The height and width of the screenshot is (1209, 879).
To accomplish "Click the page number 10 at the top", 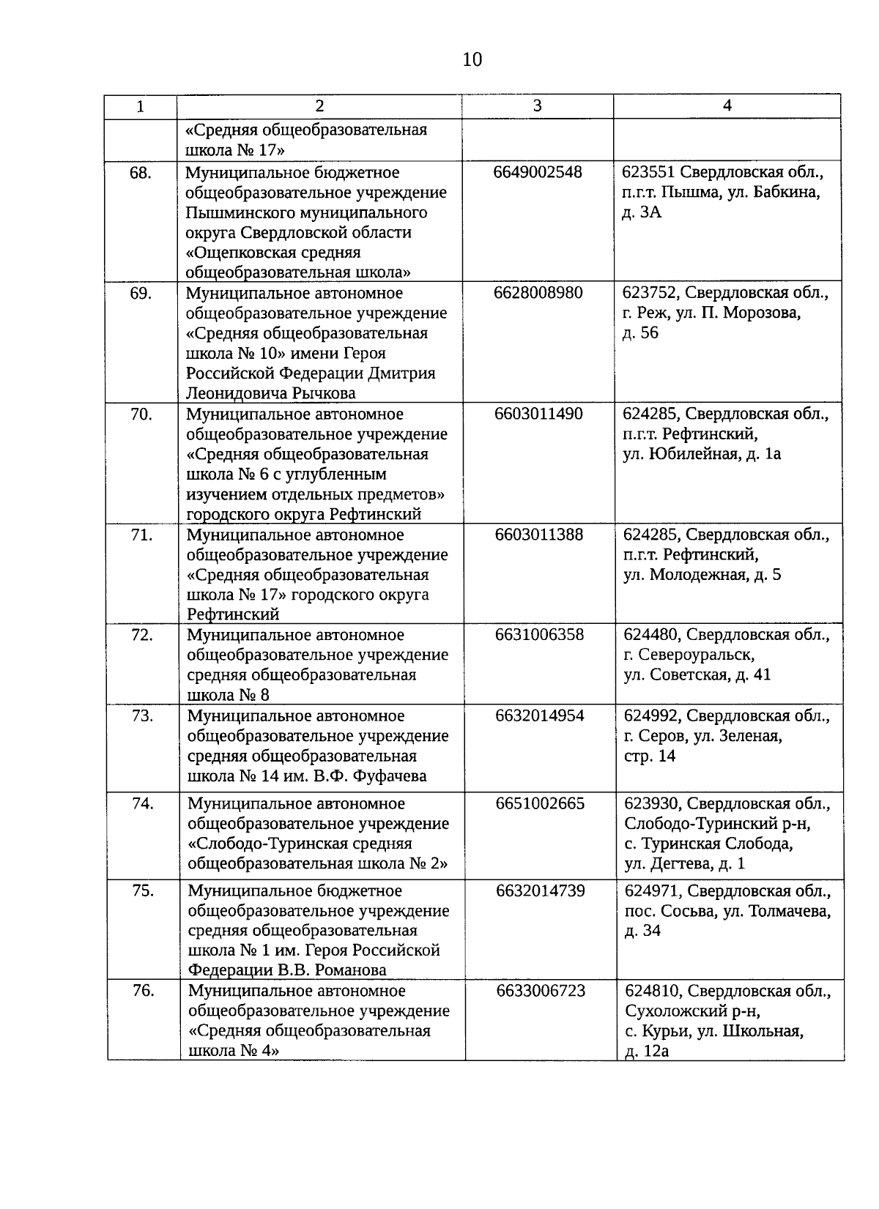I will (x=472, y=60).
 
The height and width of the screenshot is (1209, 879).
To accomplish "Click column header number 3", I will (x=537, y=105).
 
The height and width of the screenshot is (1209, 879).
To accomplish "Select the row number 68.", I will (x=141, y=173).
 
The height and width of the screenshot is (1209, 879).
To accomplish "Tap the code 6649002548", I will (x=538, y=173).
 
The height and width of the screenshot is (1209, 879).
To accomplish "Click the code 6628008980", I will (x=538, y=293).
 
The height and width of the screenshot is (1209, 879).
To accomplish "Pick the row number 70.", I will (x=141, y=414).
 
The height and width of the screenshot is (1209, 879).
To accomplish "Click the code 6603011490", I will (x=539, y=414).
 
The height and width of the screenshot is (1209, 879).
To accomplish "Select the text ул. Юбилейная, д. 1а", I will (x=702, y=454).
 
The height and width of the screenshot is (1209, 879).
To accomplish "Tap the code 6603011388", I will (x=539, y=535).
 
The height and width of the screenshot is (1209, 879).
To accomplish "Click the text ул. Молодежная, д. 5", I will (x=702, y=575).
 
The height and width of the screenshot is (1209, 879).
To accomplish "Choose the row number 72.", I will (x=141, y=635).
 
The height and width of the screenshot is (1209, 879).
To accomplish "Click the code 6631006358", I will (x=540, y=635).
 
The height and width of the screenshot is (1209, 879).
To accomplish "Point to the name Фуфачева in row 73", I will (x=387, y=776).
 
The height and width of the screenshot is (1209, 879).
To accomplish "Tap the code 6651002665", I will (x=541, y=804).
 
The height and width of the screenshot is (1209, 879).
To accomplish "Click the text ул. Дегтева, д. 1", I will (x=684, y=864).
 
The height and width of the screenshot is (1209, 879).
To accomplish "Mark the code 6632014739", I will (x=541, y=891).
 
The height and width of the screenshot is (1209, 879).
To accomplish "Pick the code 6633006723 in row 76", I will (x=541, y=992).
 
